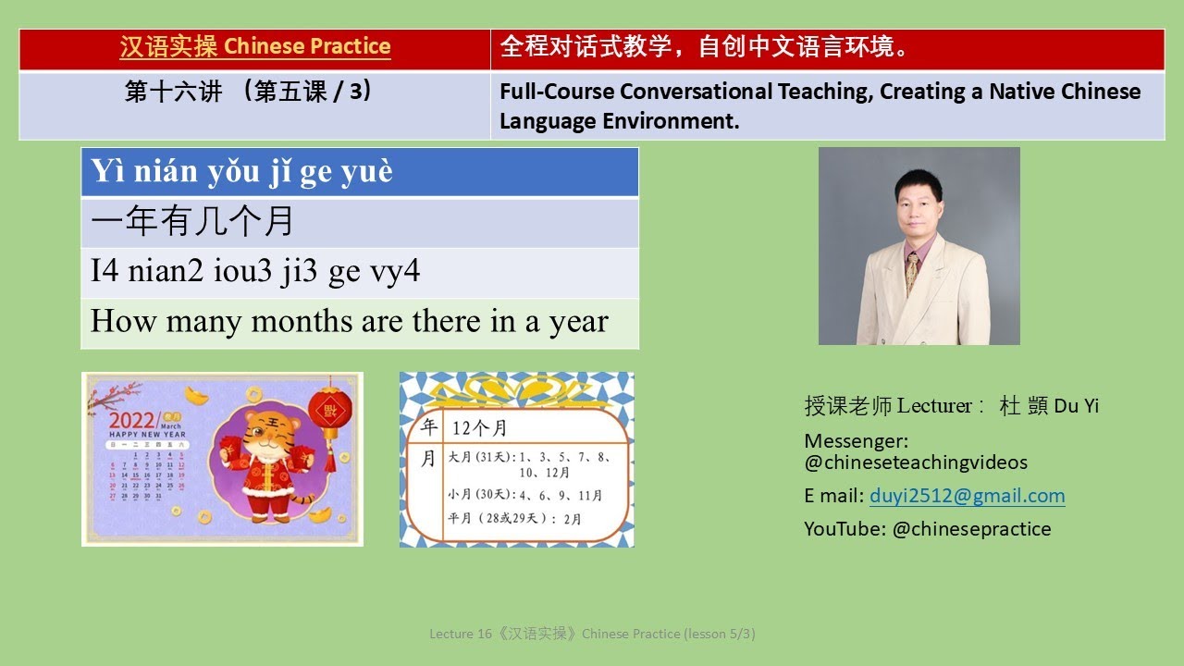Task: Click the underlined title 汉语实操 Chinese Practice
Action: [255, 46]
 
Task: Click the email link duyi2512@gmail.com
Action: [967, 496]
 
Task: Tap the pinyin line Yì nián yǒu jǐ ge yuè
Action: [241, 172]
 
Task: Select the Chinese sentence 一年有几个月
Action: [192, 222]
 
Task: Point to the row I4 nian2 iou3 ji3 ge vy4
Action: [255, 272]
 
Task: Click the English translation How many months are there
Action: [349, 322]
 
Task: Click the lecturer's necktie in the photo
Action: [912, 272]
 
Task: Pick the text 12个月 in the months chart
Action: [479, 428]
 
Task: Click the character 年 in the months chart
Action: [428, 427]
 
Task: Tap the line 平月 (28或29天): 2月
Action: [514, 519]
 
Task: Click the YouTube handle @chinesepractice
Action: [971, 529]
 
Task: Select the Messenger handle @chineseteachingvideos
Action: [916, 462]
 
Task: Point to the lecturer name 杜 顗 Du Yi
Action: [1049, 406]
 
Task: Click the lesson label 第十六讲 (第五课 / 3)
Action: [248, 92]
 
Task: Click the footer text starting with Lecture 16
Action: [592, 634]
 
